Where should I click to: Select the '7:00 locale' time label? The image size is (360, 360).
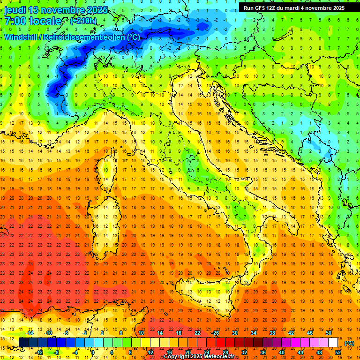(x=33, y=21)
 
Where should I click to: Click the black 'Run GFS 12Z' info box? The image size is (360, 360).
(x=294, y=7)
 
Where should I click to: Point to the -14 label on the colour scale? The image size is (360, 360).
(x=30, y=333)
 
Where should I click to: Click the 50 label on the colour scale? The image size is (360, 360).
(x=328, y=333)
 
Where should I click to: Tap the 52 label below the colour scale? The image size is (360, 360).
(x=338, y=352)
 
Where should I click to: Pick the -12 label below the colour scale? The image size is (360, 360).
(x=39, y=352)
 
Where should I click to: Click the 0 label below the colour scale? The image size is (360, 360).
(x=93, y=352)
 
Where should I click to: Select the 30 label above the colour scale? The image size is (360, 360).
(x=234, y=333)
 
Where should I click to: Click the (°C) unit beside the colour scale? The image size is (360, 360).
(x=349, y=343)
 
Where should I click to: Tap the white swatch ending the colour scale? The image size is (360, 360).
(x=333, y=343)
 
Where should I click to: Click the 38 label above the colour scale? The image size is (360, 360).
(x=272, y=333)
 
